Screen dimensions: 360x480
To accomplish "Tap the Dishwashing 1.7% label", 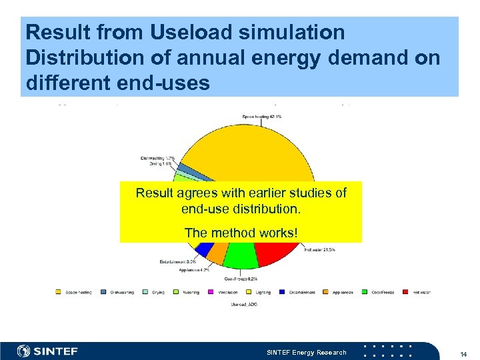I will pos(157,158).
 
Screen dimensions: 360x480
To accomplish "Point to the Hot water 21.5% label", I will pos(319,249).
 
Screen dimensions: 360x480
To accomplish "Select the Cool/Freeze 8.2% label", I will pos(241,278).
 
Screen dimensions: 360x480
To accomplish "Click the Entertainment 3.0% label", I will pos(177,261).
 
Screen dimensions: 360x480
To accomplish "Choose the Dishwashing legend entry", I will pos(118,291).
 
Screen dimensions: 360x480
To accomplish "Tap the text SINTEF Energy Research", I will pos(306,352).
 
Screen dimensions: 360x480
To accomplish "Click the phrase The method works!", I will pos(241,232).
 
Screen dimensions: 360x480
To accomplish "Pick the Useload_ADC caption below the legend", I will pos(244,304).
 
